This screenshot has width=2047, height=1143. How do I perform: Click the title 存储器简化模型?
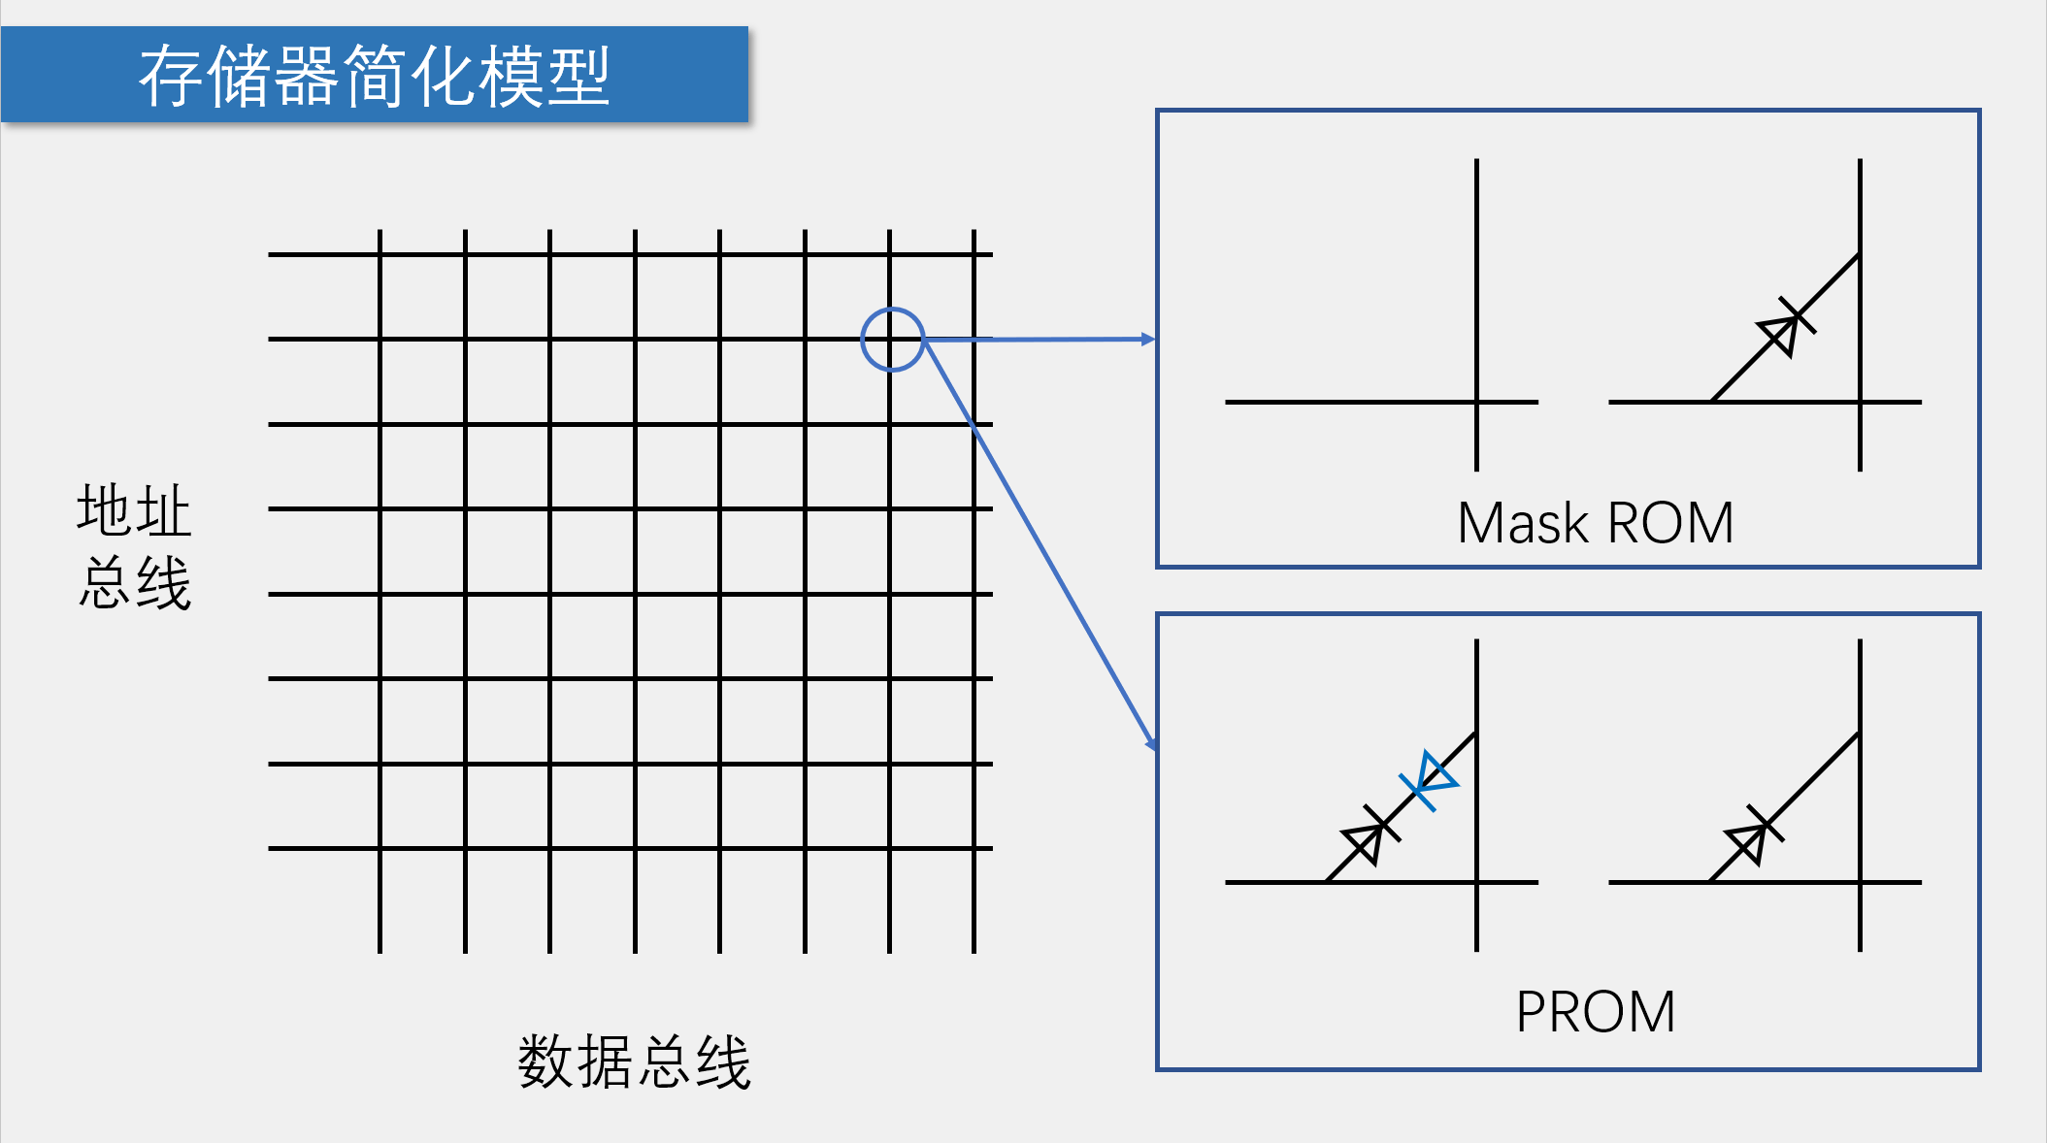[x=374, y=76]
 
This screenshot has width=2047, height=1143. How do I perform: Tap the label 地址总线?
[x=134, y=546]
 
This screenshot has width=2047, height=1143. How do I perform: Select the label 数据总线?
[x=635, y=1061]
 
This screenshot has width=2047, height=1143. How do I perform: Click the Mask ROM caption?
[x=1595, y=523]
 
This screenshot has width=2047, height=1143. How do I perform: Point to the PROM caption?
[x=1595, y=1012]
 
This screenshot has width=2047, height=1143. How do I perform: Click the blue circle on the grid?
[x=892, y=340]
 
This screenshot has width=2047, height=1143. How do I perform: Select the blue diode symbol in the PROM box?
[x=1429, y=780]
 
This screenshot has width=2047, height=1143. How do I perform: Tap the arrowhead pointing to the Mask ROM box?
[x=1148, y=339]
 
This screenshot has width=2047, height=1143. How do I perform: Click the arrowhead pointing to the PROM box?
[x=1151, y=744]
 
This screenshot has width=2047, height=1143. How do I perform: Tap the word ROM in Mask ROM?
[x=1670, y=523]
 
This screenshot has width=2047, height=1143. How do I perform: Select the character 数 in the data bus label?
[x=546, y=1061]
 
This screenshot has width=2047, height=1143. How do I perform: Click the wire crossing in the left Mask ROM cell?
[x=1476, y=402]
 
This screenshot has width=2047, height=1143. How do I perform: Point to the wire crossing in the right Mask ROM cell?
[x=1860, y=402]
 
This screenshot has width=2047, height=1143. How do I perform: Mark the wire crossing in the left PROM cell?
[x=1476, y=882]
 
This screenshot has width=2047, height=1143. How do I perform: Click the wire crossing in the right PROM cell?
[x=1860, y=882]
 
